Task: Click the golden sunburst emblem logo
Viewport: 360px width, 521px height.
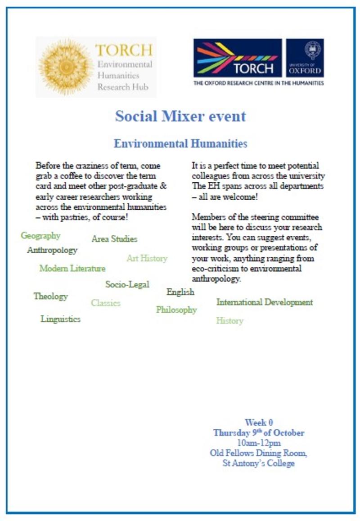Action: coord(66,67)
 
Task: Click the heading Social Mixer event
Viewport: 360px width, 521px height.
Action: coord(180,116)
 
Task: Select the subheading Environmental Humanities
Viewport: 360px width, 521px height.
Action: coord(180,144)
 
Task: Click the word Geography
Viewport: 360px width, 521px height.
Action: coord(40,236)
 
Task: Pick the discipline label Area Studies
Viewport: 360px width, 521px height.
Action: coord(114,239)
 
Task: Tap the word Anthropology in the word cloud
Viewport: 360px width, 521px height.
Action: coord(52,250)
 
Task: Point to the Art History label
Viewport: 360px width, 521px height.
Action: coord(147,258)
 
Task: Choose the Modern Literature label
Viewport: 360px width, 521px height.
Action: coord(72,269)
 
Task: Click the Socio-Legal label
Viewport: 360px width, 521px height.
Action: coord(127,284)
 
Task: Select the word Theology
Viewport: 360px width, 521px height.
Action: coord(50,296)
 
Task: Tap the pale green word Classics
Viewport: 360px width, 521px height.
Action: coord(106,303)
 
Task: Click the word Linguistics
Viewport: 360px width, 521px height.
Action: coord(61,319)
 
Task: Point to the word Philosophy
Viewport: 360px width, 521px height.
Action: coord(176,310)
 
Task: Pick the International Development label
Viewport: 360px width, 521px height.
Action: coord(265,302)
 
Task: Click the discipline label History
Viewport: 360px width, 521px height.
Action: coord(229,321)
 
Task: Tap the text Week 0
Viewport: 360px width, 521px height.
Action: coord(259,422)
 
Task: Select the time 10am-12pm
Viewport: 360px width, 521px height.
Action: coord(259,443)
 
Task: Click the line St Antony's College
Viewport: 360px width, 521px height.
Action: coord(259,463)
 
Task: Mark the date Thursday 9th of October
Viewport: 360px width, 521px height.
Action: coord(259,433)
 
